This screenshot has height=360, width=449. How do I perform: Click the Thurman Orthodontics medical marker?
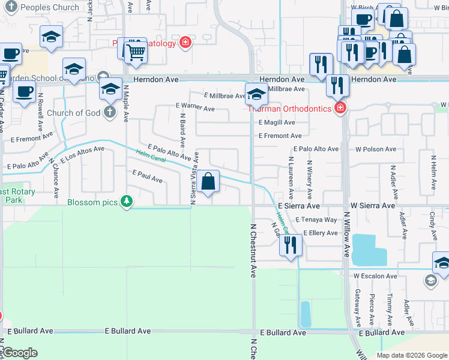[340, 108]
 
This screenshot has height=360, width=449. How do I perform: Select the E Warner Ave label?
[195, 107]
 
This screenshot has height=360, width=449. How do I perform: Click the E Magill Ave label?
[277, 122]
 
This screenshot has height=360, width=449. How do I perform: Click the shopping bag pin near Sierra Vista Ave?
[208, 181]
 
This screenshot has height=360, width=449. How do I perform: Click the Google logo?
[19, 353]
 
